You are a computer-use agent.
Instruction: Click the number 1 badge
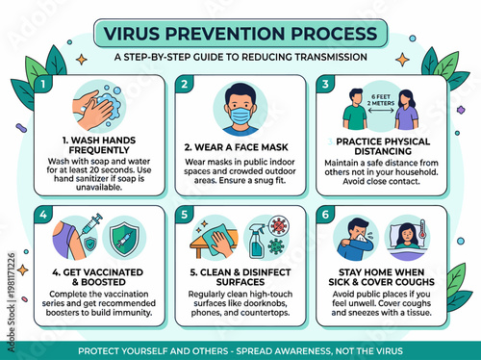41,84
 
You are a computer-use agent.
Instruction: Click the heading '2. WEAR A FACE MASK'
240,147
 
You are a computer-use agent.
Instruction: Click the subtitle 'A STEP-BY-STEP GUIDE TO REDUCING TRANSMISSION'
240,57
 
